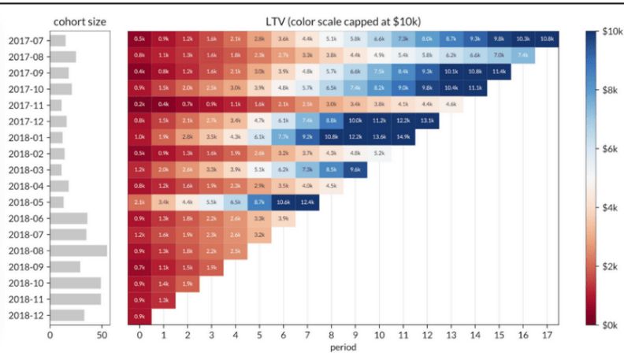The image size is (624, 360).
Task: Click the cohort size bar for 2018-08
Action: click(x=78, y=251)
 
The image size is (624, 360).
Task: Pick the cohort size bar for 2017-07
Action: click(x=58, y=39)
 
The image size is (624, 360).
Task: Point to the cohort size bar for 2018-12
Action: click(x=67, y=315)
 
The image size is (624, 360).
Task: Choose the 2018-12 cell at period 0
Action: click(x=139, y=316)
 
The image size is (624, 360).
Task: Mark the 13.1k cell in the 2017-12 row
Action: click(x=427, y=121)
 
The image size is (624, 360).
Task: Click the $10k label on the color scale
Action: click(x=610, y=32)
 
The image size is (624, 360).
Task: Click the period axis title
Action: click(x=343, y=347)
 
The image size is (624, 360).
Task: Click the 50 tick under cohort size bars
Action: click(x=102, y=335)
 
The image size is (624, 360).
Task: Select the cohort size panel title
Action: click(x=79, y=20)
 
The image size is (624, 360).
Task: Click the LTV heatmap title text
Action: click(x=343, y=20)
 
